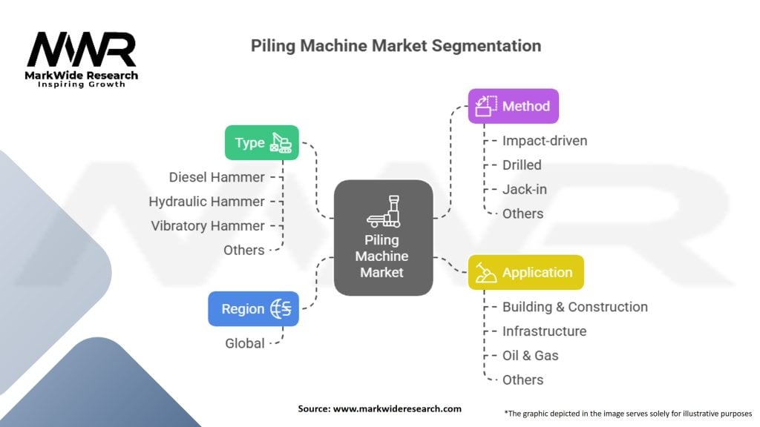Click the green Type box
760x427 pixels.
pos(262,143)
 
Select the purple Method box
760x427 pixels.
pos(514,106)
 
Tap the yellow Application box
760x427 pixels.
pos(526,272)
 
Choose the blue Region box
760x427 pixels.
pos(254,309)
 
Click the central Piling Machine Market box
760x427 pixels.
pos(384,238)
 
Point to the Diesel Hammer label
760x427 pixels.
pos(217,177)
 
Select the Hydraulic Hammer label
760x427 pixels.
pos(206,202)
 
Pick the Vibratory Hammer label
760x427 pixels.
pos(208,225)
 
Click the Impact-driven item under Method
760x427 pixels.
pos(545,140)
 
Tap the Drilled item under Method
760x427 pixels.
pos(522,165)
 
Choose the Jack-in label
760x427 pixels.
pos(525,189)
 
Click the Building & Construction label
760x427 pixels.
pos(575,307)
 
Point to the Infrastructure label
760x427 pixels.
pos(544,331)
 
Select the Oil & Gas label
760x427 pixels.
pos(530,355)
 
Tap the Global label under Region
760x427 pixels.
pos(245,343)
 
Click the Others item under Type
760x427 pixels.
pos(243,251)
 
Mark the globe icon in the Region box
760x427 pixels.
pos(281,309)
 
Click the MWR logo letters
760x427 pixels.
pos(82,50)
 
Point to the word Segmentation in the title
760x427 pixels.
pos(486,46)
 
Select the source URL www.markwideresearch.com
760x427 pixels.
pos(397,408)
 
